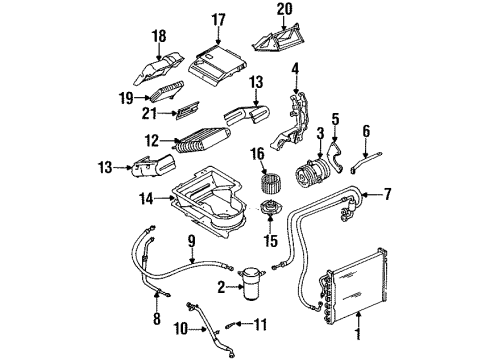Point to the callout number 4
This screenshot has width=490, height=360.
295,68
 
